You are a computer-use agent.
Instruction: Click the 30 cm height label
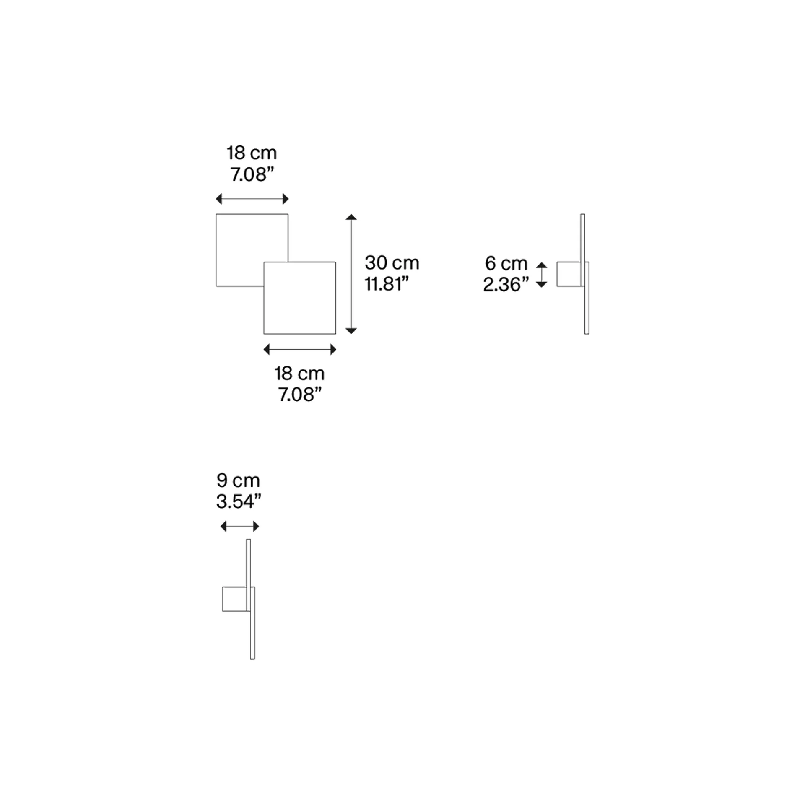pos(392,263)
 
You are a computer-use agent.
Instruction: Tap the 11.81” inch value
pos(386,284)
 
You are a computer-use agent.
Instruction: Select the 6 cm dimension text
pos(506,263)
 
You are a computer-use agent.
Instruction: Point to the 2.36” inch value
pos(506,284)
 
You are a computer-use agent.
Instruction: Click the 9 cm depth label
pos(238,480)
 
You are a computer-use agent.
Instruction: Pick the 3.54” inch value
pos(239,501)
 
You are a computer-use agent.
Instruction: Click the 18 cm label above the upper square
pos(252,153)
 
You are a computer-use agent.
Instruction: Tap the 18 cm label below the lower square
pos(299,373)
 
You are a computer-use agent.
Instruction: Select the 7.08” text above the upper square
pos(252,174)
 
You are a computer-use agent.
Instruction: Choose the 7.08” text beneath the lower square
pos(300,395)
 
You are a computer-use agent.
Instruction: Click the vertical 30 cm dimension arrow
pos(351,274)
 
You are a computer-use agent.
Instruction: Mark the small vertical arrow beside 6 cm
pos(542,275)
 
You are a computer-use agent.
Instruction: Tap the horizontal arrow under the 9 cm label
pos(240,526)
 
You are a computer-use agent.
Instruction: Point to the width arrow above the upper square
pos(252,199)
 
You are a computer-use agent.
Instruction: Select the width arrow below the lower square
pos(300,349)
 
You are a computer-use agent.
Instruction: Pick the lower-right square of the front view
pos(300,298)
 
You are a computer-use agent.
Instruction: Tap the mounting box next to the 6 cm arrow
pos(569,274)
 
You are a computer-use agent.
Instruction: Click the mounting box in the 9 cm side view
pos(234,599)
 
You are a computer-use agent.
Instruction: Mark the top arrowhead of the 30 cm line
pos(351,217)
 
